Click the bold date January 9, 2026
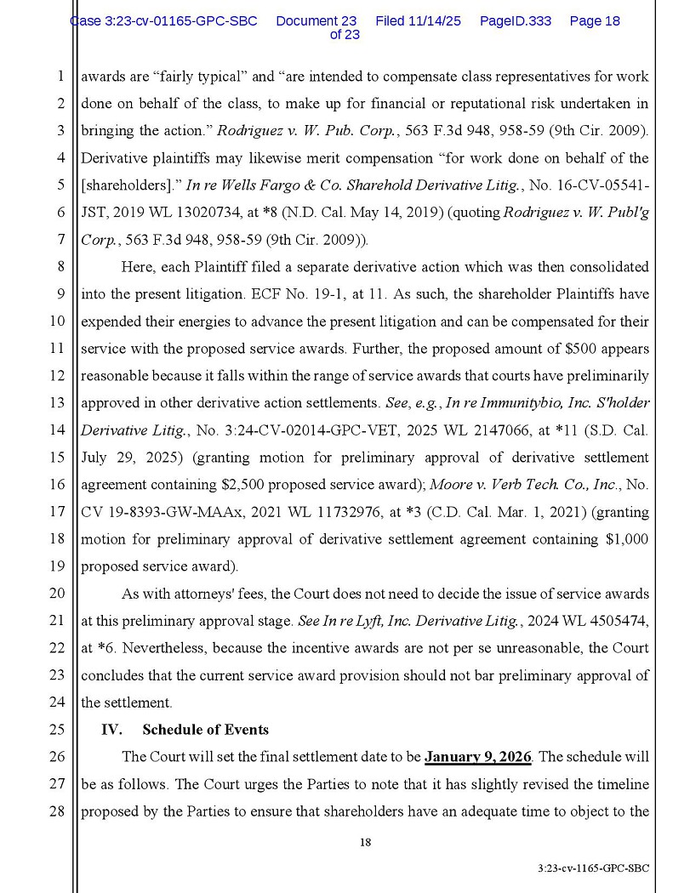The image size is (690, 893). point(478,756)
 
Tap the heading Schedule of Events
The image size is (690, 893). point(205,729)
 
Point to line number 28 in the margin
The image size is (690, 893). point(58,811)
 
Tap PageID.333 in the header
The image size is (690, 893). point(515,20)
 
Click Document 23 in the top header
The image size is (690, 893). point(316,20)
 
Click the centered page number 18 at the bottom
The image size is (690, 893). point(365,843)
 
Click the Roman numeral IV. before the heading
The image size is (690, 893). point(111,729)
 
